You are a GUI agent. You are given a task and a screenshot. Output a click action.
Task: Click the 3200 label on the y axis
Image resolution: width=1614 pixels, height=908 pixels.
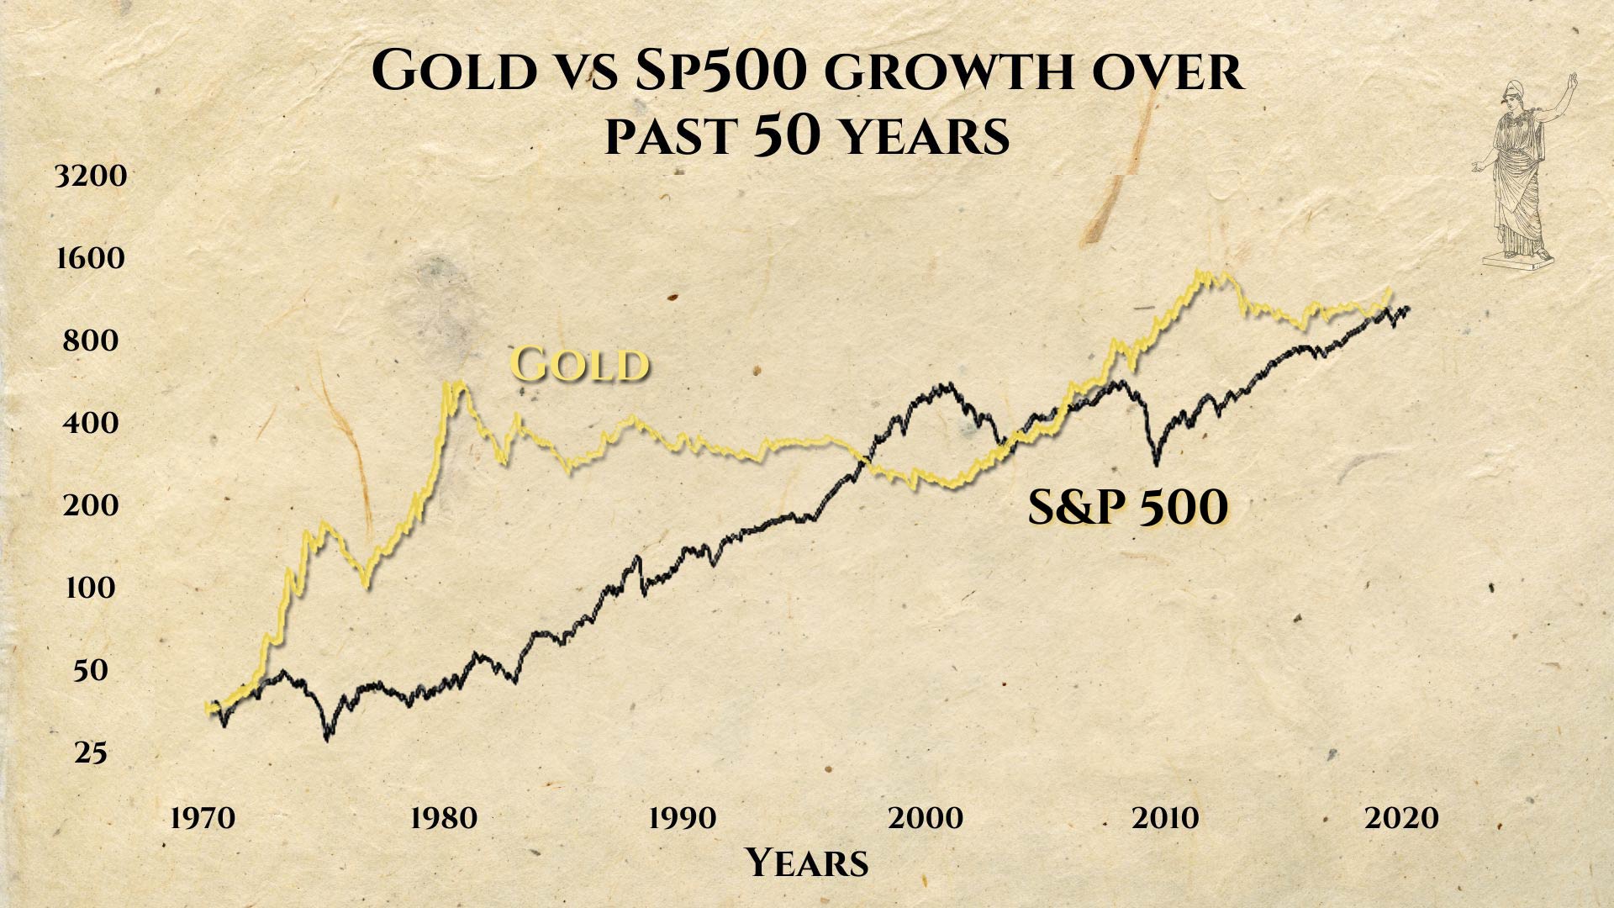coord(90,177)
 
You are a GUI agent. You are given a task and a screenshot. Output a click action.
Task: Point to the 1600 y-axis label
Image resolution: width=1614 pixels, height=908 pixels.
coord(90,258)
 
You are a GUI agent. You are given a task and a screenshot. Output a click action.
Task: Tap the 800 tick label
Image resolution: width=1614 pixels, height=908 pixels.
coord(90,340)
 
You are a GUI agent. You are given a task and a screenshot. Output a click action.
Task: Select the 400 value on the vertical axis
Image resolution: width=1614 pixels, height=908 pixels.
coord(90,422)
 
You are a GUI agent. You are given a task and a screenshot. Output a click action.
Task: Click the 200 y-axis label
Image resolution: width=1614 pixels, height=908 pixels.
coord(90,505)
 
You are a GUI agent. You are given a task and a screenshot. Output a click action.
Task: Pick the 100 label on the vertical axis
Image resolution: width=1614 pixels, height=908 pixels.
coord(90,588)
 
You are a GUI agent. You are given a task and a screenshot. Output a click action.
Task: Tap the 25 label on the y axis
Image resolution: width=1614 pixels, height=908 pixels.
coord(91,753)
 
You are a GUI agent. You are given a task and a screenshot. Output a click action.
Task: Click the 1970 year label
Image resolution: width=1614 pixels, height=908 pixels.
coord(203,818)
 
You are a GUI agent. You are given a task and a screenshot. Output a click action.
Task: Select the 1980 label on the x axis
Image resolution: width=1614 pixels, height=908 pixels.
coord(443,818)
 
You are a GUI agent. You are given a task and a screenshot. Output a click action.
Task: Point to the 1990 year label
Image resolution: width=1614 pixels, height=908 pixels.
coord(682,818)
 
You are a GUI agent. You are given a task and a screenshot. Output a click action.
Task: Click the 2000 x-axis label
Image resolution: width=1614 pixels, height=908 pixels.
coord(925,818)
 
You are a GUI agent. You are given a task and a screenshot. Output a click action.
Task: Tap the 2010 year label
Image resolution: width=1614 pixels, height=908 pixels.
coord(1164,818)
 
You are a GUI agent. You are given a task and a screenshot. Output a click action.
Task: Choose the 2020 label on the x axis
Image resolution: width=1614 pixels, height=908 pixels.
coord(1401,818)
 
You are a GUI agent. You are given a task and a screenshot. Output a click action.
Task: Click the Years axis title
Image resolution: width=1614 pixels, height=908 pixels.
coord(806,863)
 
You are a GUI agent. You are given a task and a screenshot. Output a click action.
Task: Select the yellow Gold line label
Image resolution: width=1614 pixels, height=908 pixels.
coord(580,365)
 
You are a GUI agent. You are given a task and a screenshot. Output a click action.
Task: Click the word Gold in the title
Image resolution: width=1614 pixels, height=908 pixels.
coord(454,71)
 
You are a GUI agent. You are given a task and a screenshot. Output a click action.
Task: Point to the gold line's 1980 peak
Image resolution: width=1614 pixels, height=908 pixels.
coord(454,385)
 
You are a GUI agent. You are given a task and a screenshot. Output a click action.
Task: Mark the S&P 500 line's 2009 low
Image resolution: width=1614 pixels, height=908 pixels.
coord(1157,462)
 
